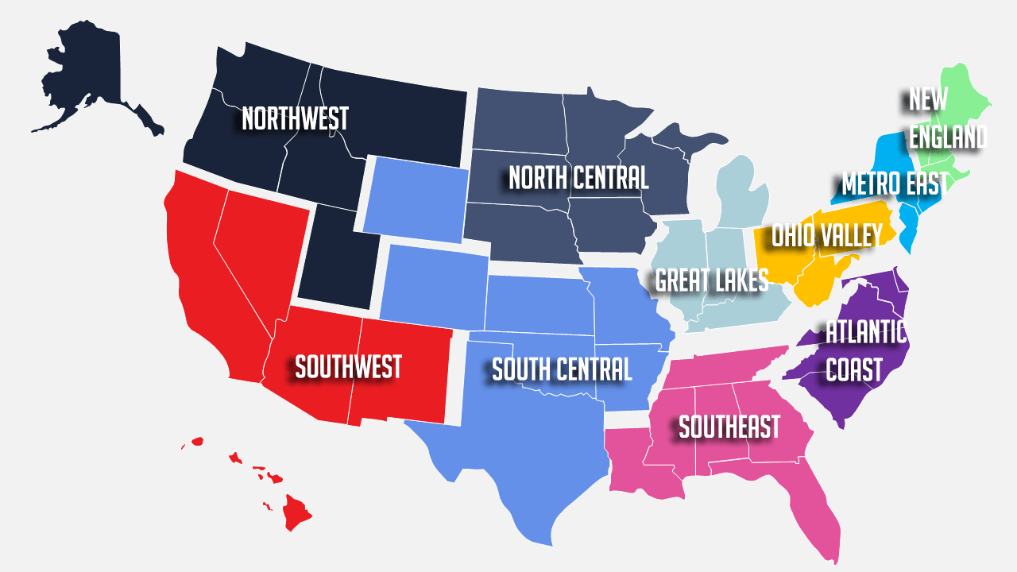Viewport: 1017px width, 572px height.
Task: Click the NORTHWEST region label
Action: pos(295,119)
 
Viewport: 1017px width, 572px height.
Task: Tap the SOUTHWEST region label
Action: pos(348,367)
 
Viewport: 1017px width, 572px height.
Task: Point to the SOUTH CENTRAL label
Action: pos(562,369)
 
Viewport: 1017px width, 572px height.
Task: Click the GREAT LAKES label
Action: pos(712,280)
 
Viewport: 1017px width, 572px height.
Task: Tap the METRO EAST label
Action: pos(895,184)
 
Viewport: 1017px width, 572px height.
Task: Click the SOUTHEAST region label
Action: pos(729,427)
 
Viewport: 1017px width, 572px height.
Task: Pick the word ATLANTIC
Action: pos(866,332)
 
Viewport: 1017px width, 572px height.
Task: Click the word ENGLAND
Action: pos(948,137)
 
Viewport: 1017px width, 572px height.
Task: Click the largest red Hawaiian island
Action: pos(298,512)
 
